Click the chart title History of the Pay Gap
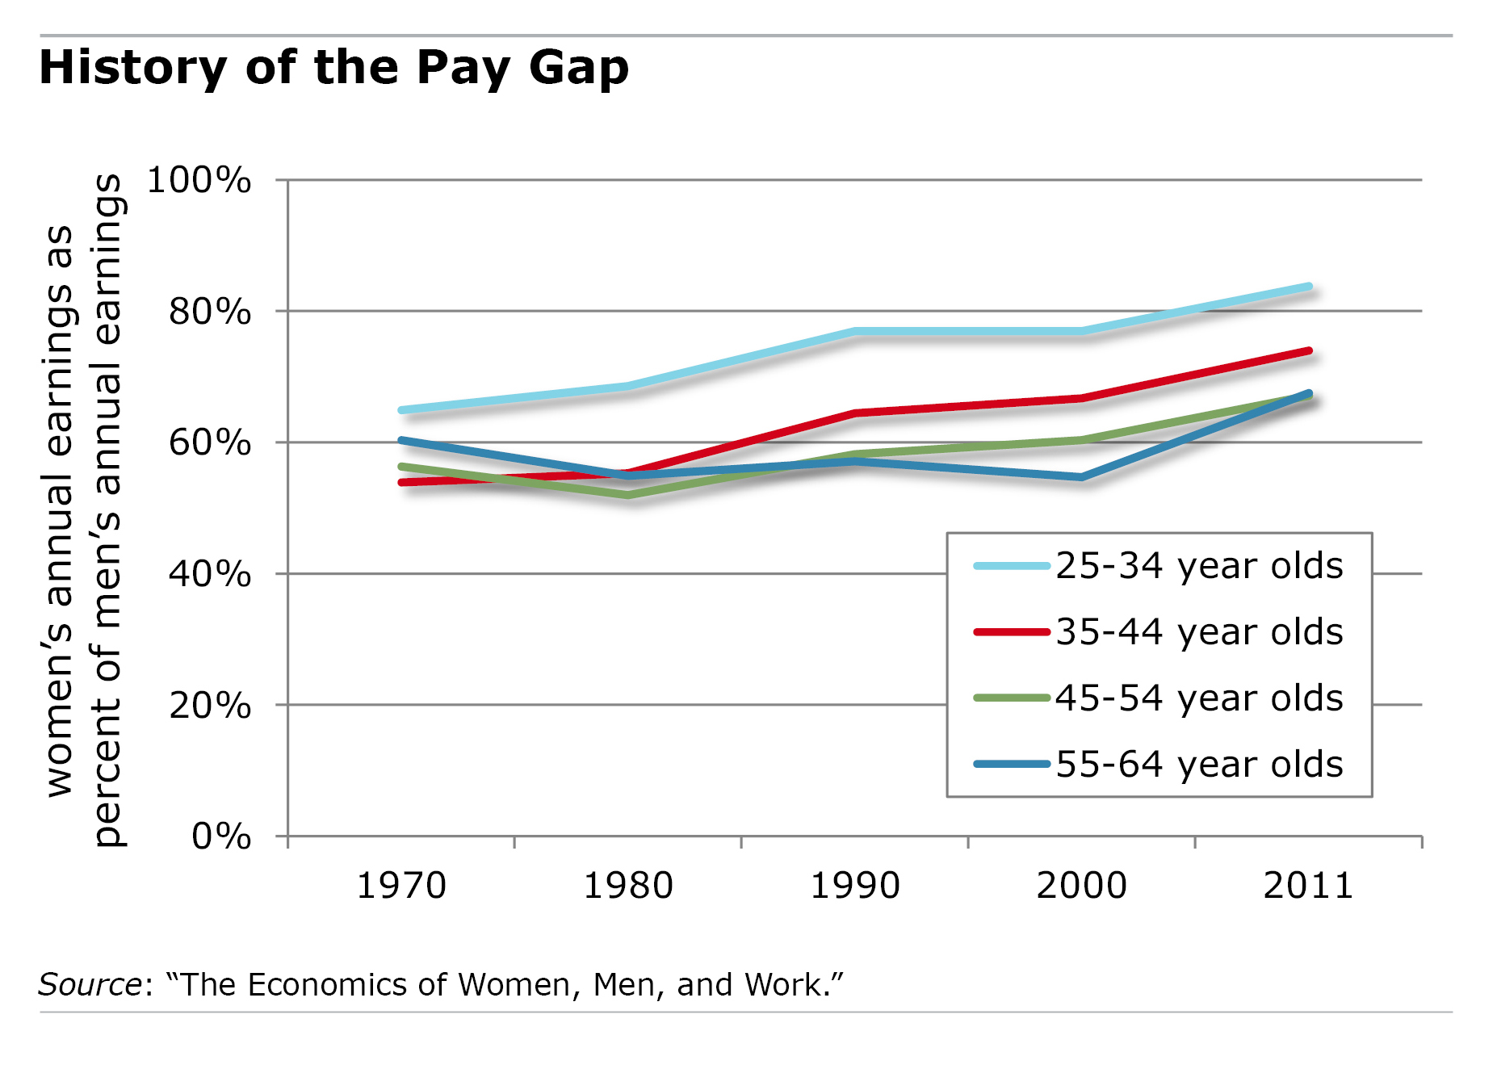333,68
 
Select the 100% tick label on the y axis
199,180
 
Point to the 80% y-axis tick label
209,312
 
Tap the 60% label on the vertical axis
209,443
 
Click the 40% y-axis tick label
209,574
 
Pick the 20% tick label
209,706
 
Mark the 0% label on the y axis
220,836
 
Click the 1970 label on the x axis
401,886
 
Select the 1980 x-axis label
628,886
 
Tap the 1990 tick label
855,886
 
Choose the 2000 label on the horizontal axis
1082,886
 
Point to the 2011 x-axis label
1308,886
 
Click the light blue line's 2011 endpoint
1308,287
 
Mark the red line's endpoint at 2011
1308,351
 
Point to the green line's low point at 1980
628,494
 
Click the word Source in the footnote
90,985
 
